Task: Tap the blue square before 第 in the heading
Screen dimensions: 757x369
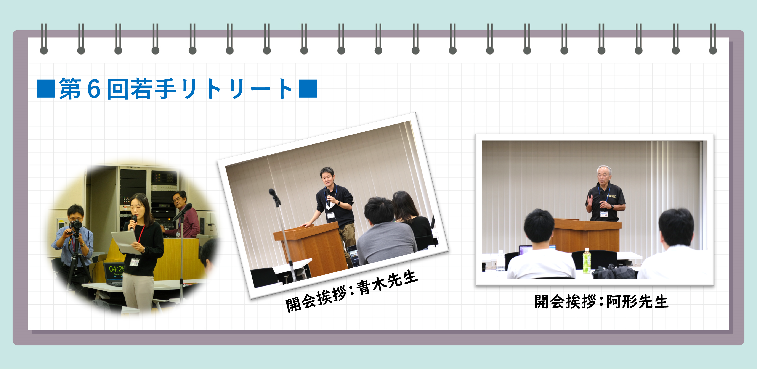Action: click(x=47, y=89)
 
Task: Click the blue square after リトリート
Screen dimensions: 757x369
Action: click(x=308, y=89)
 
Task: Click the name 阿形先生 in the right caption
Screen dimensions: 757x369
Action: click(x=637, y=302)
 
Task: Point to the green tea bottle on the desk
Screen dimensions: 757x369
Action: click(x=587, y=261)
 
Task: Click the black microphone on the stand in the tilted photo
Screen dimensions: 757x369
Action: click(x=274, y=197)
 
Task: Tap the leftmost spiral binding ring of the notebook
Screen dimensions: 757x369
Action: click(x=44, y=39)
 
